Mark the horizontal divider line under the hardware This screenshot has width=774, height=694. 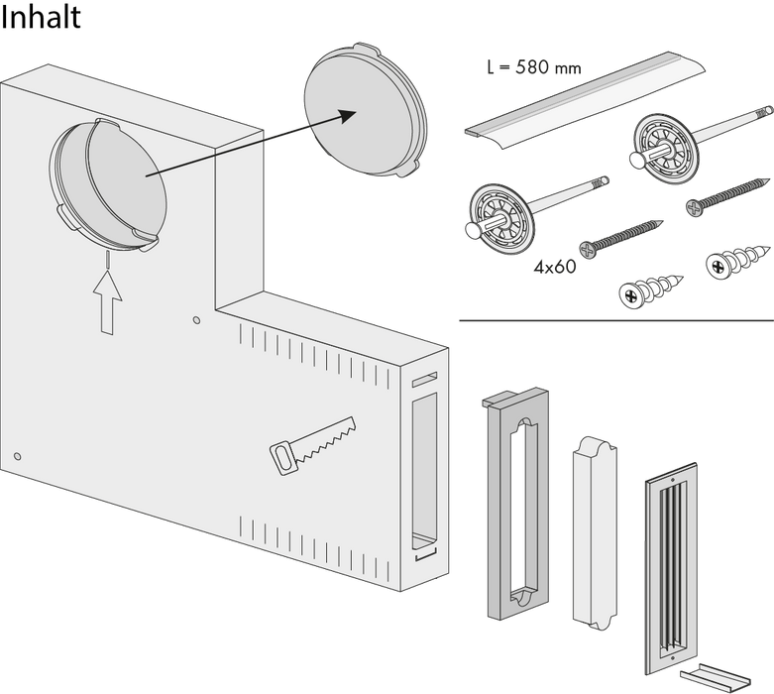point(614,320)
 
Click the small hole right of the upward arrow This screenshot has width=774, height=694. point(196,320)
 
